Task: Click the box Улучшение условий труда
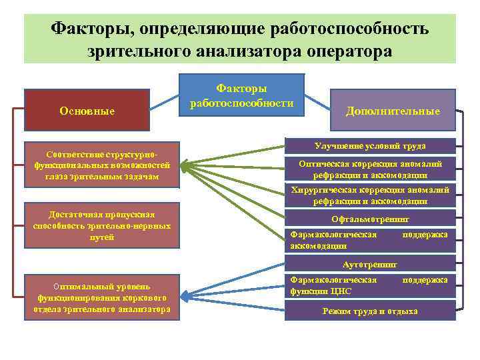point(371,145)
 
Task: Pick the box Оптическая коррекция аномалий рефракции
point(371,169)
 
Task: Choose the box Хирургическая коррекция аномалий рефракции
point(371,195)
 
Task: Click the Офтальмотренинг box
point(371,218)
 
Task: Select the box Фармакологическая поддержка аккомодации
point(371,240)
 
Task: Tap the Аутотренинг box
point(371,264)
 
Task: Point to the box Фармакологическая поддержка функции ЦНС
point(371,285)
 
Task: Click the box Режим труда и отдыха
point(371,311)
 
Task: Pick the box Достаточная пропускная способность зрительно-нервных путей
point(101,225)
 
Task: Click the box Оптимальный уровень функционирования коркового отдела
point(101,297)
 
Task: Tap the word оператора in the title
point(349,51)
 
